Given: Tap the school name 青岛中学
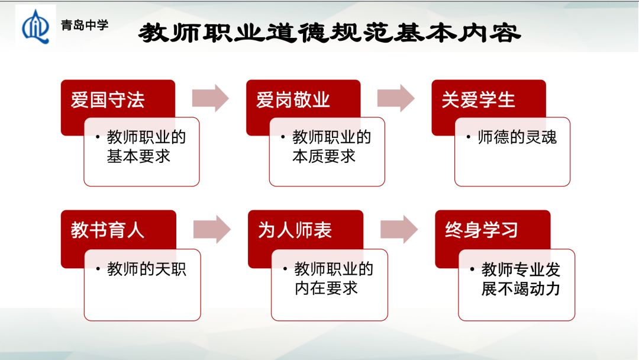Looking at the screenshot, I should click(x=85, y=25).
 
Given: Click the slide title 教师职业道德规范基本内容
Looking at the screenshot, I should click(x=330, y=33).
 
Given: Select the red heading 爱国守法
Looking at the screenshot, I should click(x=108, y=99).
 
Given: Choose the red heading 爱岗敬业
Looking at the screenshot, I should click(x=293, y=99).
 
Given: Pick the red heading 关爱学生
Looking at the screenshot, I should click(x=478, y=99).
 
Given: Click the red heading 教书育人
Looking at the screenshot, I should click(x=108, y=230).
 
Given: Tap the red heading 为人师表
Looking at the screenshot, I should click(x=295, y=230).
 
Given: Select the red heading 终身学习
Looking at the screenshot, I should click(x=482, y=230).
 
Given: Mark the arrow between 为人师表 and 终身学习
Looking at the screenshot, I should click(x=399, y=229).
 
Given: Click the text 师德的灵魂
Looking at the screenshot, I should click(x=517, y=137).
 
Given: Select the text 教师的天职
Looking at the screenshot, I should click(x=147, y=269).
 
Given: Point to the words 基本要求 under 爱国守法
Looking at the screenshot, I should click(x=138, y=156).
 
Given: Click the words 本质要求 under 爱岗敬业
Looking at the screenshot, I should click(x=324, y=156).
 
